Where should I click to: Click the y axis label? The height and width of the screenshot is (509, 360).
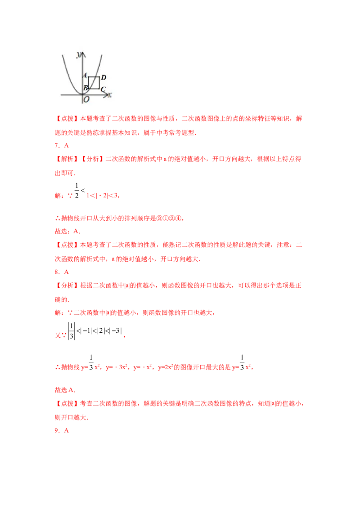(x=79, y=54)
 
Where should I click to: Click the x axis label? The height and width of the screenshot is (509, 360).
(x=110, y=95)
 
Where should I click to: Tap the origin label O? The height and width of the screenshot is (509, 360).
(x=86, y=100)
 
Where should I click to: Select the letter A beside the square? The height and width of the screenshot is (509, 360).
(x=85, y=76)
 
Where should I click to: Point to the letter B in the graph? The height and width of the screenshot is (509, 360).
(x=85, y=88)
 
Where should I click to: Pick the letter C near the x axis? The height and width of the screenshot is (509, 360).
(x=103, y=89)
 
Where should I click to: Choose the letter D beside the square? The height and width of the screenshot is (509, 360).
(x=103, y=77)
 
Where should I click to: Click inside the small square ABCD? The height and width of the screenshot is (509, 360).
(x=94, y=83)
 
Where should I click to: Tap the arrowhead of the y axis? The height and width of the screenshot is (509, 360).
(x=82, y=53)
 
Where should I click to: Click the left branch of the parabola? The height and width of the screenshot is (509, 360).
(x=68, y=72)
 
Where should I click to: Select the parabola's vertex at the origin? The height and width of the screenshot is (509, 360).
(x=82, y=94)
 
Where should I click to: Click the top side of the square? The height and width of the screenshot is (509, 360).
(x=94, y=77)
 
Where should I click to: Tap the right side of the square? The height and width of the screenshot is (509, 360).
(x=99, y=83)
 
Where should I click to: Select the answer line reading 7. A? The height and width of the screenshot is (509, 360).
(x=61, y=146)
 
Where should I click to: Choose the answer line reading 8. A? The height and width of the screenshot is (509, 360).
(x=61, y=272)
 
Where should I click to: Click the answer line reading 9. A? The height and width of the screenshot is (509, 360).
(x=61, y=430)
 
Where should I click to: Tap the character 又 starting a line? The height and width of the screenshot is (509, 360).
(x=57, y=335)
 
